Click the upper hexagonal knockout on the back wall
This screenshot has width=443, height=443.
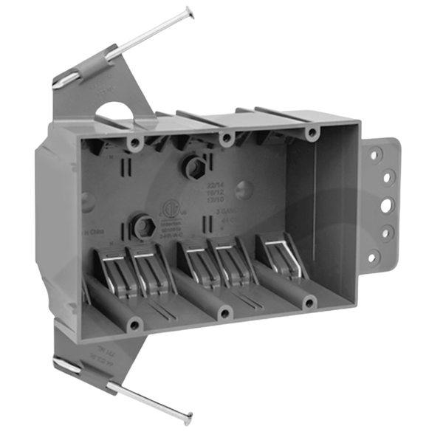pyautogui.click(x=195, y=168)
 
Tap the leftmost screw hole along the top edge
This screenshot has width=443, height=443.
pyautogui.click(x=135, y=141)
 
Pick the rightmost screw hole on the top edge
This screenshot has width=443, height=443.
pyautogui.click(x=312, y=134)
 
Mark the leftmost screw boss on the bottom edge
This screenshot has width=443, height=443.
pyautogui.click(x=134, y=323)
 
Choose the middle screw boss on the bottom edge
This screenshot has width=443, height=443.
pyautogui.click(x=224, y=314)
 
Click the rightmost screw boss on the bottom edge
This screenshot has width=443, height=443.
pyautogui.click(x=309, y=301)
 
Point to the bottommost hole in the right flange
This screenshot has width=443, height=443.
pyautogui.click(x=374, y=258)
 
